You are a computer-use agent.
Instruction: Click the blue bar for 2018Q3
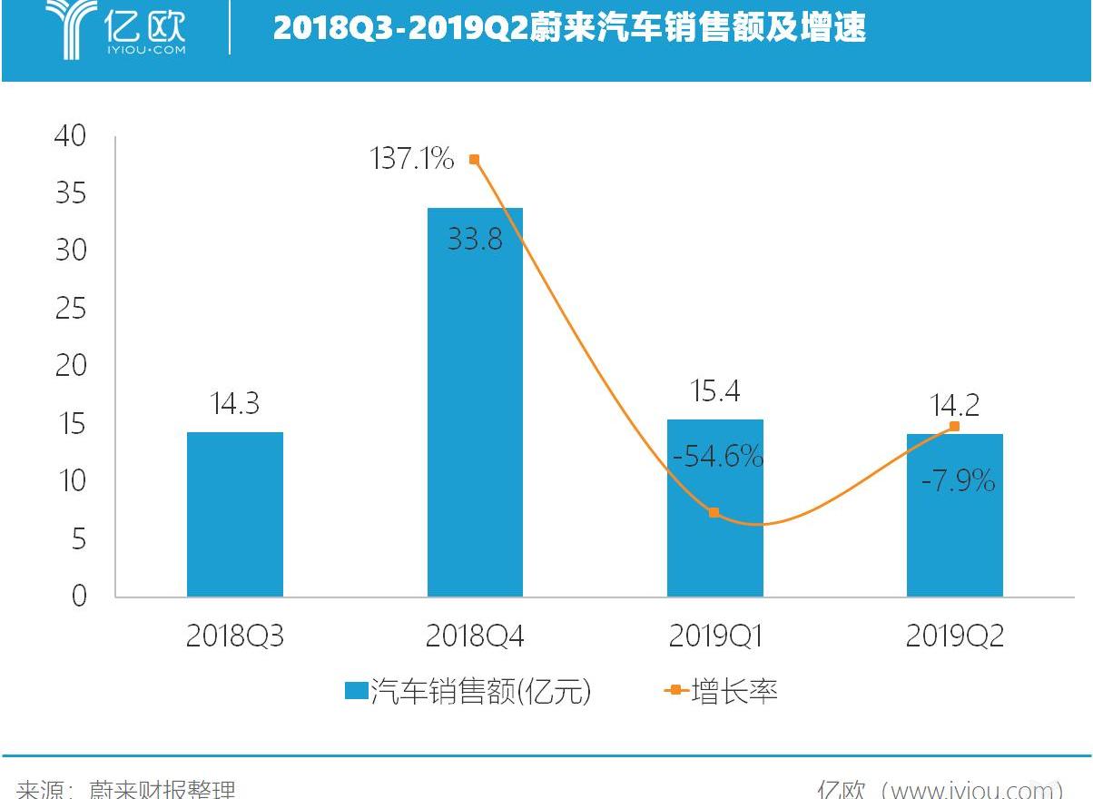234,514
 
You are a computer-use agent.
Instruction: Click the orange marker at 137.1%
474,160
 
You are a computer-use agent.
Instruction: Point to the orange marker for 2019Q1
714,513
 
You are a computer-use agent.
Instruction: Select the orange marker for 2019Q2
954,426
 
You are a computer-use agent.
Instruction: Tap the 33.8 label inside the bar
475,241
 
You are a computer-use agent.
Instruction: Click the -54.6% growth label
718,457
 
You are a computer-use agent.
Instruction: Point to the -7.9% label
958,480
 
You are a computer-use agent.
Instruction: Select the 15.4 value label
714,391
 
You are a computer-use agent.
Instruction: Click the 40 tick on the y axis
70,136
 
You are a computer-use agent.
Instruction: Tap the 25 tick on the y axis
70,309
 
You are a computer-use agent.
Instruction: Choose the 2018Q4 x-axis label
475,636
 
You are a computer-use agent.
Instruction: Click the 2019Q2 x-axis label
954,636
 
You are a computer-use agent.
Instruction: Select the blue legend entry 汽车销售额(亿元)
468,692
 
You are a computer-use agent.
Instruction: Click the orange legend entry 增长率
722,692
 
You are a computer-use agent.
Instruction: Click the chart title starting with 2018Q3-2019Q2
569,28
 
